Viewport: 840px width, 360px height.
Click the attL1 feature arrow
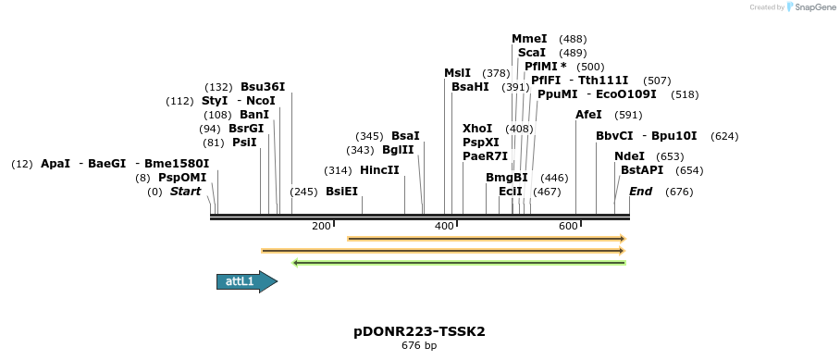(247, 281)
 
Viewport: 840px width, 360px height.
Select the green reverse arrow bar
(459, 263)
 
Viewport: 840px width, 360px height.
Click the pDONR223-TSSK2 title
(419, 331)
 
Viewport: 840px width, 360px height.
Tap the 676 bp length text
(419, 345)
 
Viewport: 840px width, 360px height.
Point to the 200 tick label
(321, 226)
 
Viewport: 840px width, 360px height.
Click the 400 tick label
(444, 226)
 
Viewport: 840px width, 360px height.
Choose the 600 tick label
(568, 226)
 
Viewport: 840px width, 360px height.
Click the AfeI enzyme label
(588, 115)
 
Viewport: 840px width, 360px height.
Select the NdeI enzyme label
(629, 156)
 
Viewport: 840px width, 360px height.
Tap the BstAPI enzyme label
(642, 170)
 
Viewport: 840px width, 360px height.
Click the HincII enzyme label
(380, 170)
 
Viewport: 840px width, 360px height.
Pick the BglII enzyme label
(398, 150)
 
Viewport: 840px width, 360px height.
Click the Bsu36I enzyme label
(263, 87)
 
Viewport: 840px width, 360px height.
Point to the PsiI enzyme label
(244, 143)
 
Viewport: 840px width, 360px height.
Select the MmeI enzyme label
(529, 39)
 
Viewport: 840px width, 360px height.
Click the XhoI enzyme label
(477, 129)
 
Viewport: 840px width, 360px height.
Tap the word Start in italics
(185, 192)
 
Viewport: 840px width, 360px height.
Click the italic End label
(641, 192)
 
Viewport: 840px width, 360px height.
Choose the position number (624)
(724, 136)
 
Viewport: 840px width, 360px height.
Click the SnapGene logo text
(815, 7)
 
